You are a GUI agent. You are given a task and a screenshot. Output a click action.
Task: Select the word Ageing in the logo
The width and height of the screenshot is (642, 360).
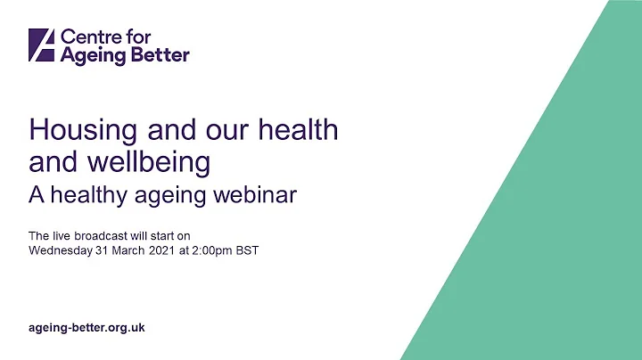[x=90, y=55]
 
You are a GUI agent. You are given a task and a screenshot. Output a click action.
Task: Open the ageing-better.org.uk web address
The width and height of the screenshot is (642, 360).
[x=86, y=328]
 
